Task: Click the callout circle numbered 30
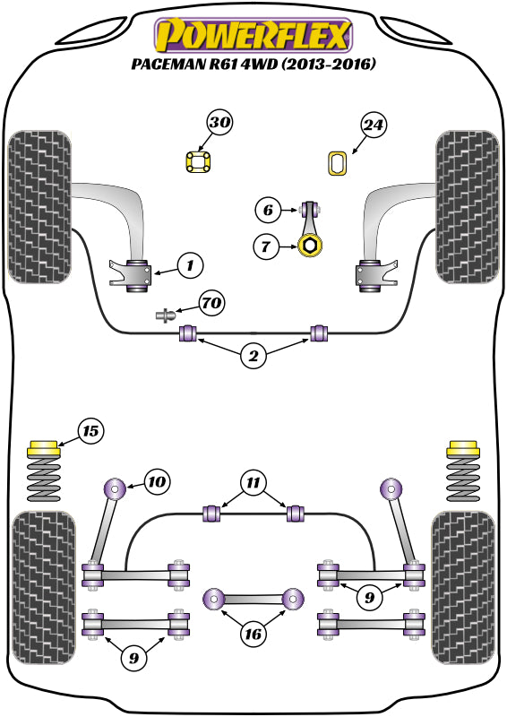tap(220, 124)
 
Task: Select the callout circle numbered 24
tap(374, 126)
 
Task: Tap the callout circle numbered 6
tap(267, 212)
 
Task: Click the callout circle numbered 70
tap(211, 305)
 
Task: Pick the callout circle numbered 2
tap(253, 357)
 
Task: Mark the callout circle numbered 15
tap(90, 432)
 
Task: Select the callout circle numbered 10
tap(157, 482)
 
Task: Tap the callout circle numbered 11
tap(253, 483)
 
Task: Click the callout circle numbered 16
tap(253, 635)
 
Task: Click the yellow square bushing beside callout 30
tap(197, 163)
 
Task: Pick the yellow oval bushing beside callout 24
tap(338, 164)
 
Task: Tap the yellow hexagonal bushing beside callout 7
tap(310, 245)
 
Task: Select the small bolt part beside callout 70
tap(165, 315)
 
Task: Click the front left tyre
tap(39, 207)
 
